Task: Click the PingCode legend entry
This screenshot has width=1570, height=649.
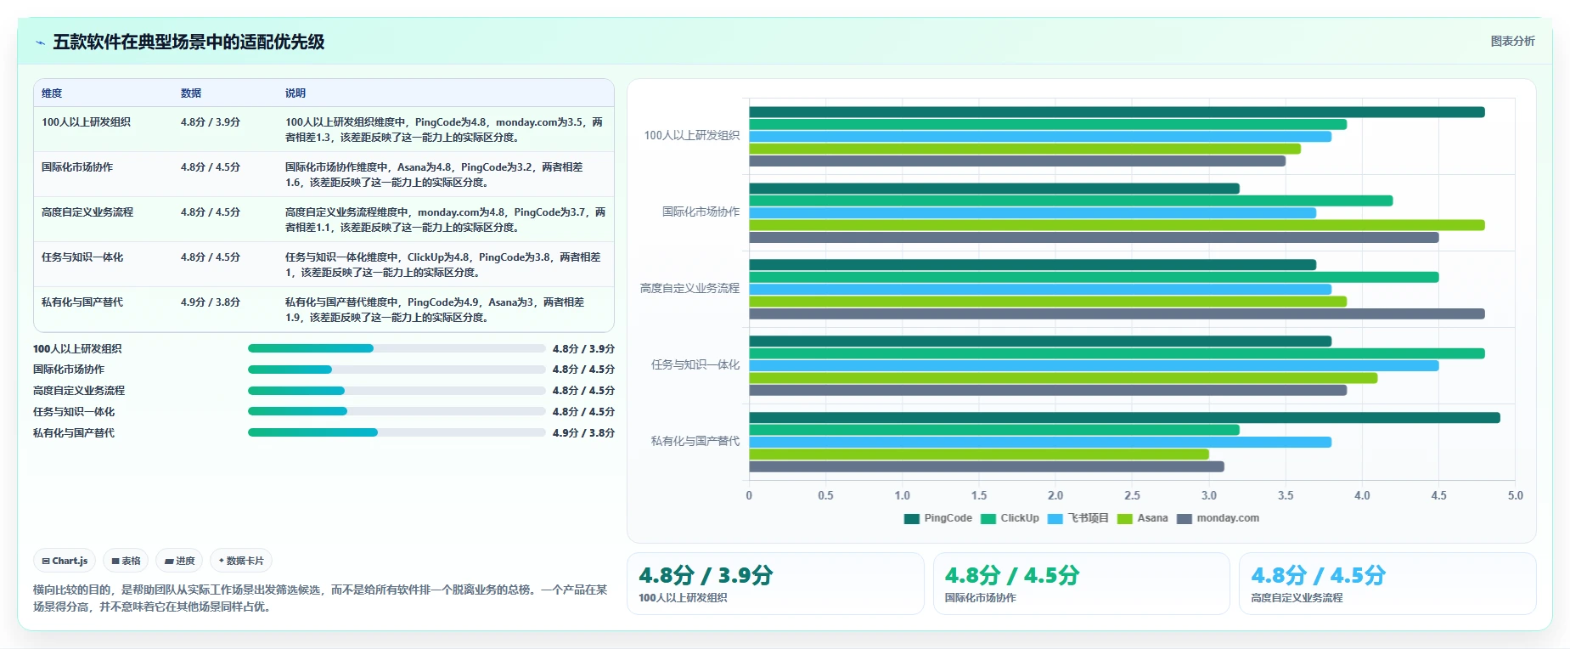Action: point(938,518)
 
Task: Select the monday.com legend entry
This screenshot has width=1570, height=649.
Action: point(1218,518)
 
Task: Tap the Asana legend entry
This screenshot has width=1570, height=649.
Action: point(1143,518)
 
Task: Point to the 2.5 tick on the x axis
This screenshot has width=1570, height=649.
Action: point(1132,495)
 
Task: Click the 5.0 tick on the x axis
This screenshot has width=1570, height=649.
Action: point(1515,495)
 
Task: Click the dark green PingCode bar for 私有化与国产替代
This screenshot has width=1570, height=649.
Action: point(1124,418)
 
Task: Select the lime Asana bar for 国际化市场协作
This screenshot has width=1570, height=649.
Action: point(1117,225)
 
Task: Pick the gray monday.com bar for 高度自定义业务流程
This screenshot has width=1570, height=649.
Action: point(1117,313)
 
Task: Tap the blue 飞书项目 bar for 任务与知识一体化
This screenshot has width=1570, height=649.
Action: point(1094,365)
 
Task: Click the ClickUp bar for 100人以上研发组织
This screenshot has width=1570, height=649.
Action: point(1048,124)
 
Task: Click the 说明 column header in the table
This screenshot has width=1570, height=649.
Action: point(295,93)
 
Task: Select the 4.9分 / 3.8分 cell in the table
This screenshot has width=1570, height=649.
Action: point(211,302)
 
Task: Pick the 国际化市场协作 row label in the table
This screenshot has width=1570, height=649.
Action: point(77,167)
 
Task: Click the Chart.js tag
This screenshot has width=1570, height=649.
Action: point(65,561)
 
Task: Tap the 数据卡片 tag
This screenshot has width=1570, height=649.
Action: point(241,561)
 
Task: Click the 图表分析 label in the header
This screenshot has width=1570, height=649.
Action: point(1512,41)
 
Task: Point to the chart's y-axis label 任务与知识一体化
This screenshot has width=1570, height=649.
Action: point(695,364)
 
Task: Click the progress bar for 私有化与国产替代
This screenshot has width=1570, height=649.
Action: point(397,432)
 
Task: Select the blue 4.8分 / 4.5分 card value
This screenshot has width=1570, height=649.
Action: point(1318,575)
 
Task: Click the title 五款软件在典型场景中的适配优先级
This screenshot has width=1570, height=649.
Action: point(189,42)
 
